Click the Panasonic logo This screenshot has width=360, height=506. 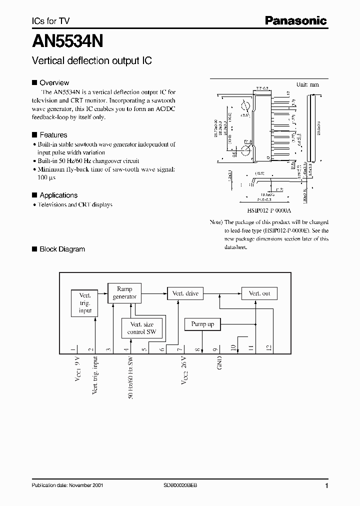pyautogui.click(x=295, y=20)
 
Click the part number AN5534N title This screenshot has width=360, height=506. pyautogui.click(x=67, y=40)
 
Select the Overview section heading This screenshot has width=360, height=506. pyautogui.click(x=54, y=82)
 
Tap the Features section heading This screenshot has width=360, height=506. pyautogui.click(x=53, y=134)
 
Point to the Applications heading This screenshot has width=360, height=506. pyautogui.click(x=58, y=195)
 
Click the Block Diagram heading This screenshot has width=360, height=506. pyautogui.click(x=62, y=249)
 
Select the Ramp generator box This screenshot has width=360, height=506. pyautogui.click(x=124, y=293)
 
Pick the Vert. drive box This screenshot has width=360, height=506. pyautogui.click(x=185, y=293)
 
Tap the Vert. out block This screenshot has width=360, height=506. pyautogui.click(x=259, y=293)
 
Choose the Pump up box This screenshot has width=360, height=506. pyautogui.click(x=202, y=324)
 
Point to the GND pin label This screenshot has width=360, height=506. pyautogui.click(x=219, y=363)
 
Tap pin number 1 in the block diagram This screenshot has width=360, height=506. pyautogui.click(x=73, y=349)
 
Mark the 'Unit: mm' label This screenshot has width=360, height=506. pyautogui.click(x=307, y=84)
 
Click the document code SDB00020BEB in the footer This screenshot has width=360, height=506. pyautogui.click(x=180, y=485)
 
